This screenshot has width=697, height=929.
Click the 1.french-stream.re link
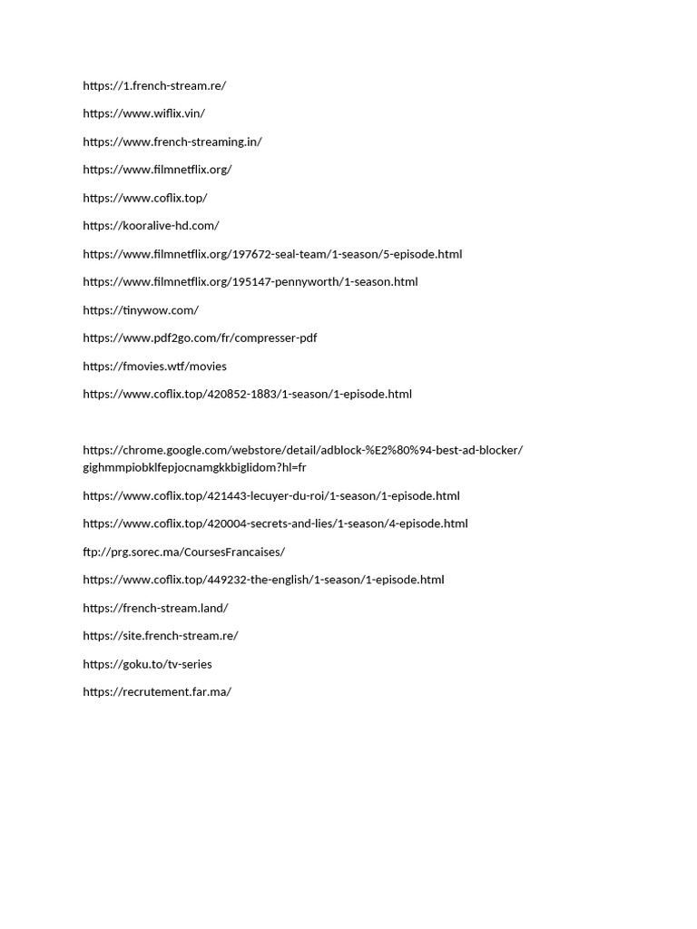point(154,86)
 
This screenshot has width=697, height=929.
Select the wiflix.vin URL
point(143,113)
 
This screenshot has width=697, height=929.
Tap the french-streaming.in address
point(172,142)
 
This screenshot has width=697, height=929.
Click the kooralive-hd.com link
point(151,226)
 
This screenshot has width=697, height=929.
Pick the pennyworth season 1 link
point(250,282)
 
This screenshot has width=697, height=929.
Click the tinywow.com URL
point(141,310)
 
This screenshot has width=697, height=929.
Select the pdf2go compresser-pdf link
point(200,338)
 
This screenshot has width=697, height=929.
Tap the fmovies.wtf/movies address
point(154,367)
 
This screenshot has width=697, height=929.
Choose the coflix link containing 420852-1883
point(247,395)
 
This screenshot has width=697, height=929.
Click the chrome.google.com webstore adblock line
point(303,450)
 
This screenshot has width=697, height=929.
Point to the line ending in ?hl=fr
point(194,467)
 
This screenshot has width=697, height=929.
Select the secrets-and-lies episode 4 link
point(275,524)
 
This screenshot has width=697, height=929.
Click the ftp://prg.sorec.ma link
point(183,553)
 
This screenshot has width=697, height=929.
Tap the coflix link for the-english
point(263,581)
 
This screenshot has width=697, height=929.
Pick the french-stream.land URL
point(155,609)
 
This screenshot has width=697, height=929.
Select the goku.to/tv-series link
point(147,665)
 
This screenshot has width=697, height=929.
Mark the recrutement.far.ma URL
point(157,692)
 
